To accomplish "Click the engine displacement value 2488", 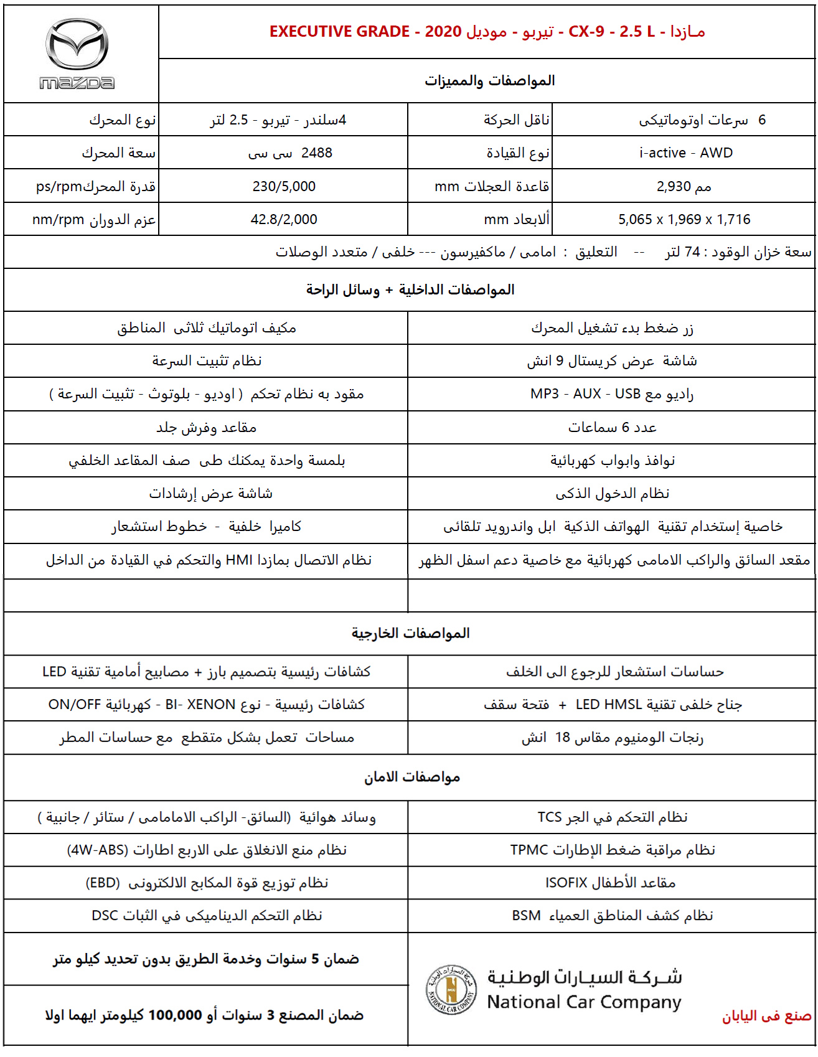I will [317, 153].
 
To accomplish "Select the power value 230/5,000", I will [284, 186].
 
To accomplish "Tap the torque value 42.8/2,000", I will [284, 219].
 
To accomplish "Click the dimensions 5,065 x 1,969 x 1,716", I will [684, 219].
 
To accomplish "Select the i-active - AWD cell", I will [685, 153].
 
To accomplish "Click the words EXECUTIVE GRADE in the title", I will [339, 32].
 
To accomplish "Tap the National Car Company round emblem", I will [451, 989].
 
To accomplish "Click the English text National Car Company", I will [584, 1002].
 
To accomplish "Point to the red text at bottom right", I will [766, 1016].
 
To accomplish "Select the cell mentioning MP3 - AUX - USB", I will [611, 394].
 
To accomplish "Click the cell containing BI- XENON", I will [206, 705].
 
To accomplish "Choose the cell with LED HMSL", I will [613, 705].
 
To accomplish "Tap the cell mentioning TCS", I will [613, 817].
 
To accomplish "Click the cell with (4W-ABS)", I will [206, 850].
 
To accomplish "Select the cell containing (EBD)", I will [206, 883].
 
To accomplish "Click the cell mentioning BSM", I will [613, 916].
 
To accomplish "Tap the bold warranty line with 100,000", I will [204, 1015].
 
